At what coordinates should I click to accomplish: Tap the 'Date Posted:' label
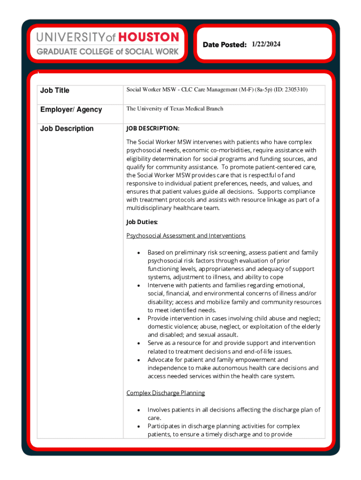pyautogui.click(x=225, y=45)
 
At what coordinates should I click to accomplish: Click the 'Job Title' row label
pyautogui.click(x=55, y=90)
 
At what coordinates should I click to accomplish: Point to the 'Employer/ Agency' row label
pyautogui.click(x=71, y=109)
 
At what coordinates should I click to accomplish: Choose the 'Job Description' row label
pyautogui.click(x=67, y=128)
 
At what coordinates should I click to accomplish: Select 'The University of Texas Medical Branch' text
pyautogui.click(x=174, y=109)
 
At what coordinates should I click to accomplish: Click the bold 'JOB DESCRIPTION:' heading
pyautogui.click(x=153, y=128)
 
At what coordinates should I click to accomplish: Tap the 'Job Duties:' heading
pyautogui.click(x=142, y=222)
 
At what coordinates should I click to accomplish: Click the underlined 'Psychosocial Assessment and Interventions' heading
pyautogui.click(x=186, y=235)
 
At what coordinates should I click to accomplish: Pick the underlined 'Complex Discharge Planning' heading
pyautogui.click(x=165, y=393)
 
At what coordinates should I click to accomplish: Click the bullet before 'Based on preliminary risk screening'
pyautogui.click(x=138, y=253)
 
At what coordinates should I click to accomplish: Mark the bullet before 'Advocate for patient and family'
pyautogui.click(x=138, y=360)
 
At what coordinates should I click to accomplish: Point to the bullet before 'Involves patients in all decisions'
pyautogui.click(x=138, y=410)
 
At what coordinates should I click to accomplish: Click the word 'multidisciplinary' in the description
pyautogui.click(x=150, y=208)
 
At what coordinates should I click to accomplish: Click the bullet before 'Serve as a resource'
pyautogui.click(x=138, y=344)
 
